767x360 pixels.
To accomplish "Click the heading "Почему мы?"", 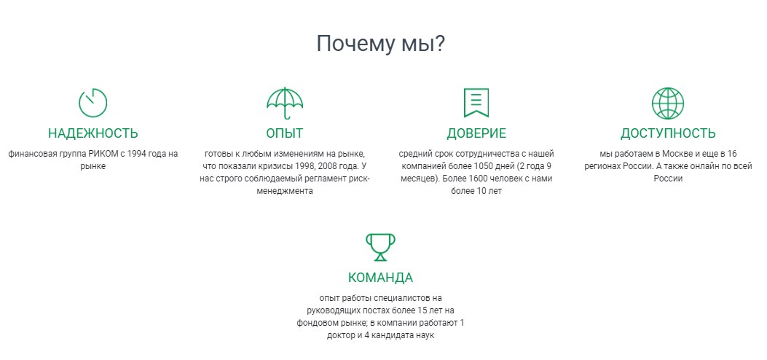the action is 380,44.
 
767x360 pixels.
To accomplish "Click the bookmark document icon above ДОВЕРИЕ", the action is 476,103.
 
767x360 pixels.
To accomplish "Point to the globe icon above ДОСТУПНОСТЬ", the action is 668,88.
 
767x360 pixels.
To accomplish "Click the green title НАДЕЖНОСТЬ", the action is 93,133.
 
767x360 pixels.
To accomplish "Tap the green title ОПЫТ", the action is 285,133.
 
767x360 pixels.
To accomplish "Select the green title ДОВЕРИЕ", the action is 476,133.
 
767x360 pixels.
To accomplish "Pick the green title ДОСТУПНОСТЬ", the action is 668,133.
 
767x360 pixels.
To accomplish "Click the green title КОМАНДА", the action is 380,278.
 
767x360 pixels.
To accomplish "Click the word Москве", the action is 677,154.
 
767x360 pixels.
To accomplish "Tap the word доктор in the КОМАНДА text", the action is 342,335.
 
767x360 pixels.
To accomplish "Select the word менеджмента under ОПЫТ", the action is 285,191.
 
